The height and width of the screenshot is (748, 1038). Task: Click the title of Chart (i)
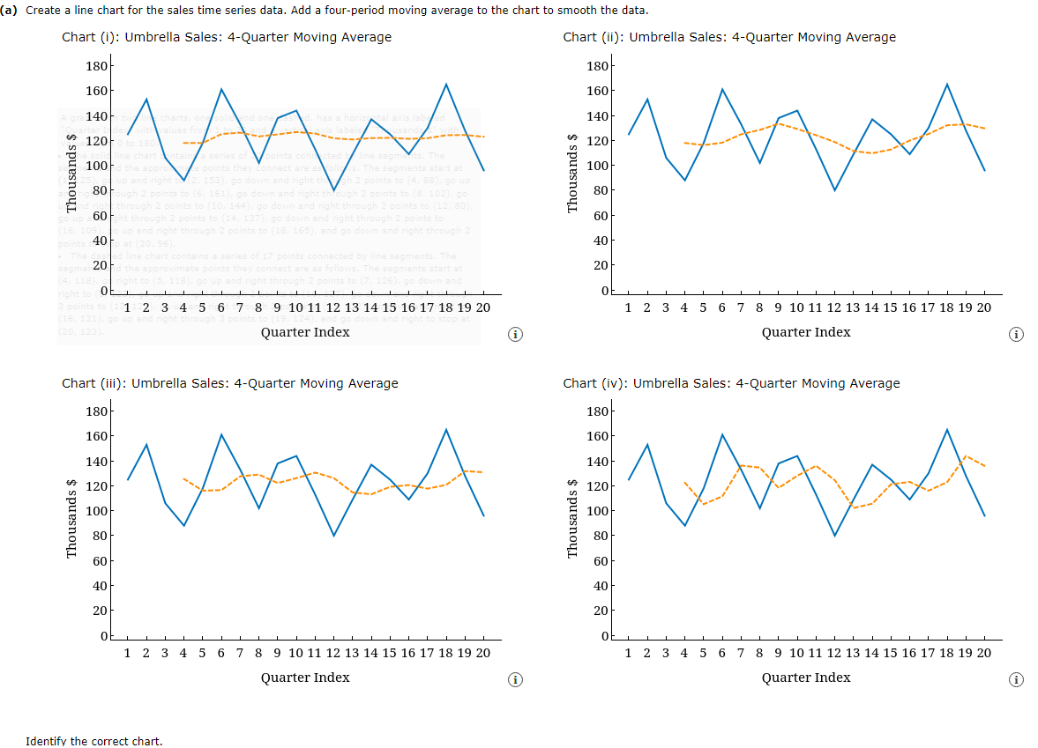[227, 37]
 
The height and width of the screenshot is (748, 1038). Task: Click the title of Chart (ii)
[728, 37]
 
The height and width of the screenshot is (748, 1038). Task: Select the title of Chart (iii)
[229, 383]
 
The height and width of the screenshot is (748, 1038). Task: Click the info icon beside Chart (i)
[516, 335]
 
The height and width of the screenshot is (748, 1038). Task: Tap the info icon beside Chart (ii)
[1017, 335]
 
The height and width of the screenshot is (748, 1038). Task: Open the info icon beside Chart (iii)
[516, 680]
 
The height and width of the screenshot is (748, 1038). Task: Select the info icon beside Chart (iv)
[1017, 680]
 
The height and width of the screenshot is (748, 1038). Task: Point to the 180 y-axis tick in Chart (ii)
[597, 66]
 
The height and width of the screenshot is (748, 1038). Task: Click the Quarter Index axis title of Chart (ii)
[806, 332]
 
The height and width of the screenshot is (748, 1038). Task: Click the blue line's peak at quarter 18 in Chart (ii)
[946, 85]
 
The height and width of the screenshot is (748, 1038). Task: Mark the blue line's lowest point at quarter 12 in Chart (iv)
[834, 536]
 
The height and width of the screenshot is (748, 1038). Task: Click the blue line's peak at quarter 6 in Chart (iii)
[220, 434]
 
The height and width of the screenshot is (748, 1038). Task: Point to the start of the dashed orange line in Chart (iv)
[684, 482]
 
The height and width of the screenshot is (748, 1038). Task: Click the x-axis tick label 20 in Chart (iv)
[983, 653]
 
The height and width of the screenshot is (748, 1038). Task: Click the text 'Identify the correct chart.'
[94, 741]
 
